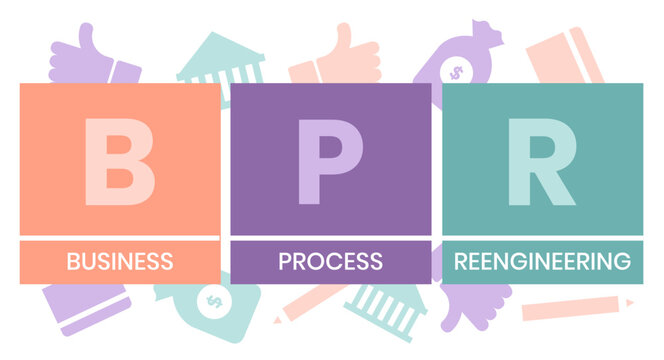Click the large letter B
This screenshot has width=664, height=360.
[119, 161]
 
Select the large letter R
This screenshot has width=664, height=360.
[541, 161]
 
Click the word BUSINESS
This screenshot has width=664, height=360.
[119, 262]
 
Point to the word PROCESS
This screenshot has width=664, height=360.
[330, 262]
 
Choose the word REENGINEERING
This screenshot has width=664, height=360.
[542, 262]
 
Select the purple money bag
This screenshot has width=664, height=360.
[455, 62]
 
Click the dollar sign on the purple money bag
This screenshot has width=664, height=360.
[456, 72]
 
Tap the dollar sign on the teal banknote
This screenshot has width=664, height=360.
[212, 300]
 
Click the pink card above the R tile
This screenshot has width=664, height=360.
[565, 55]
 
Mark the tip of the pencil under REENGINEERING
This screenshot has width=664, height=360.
[632, 300]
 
